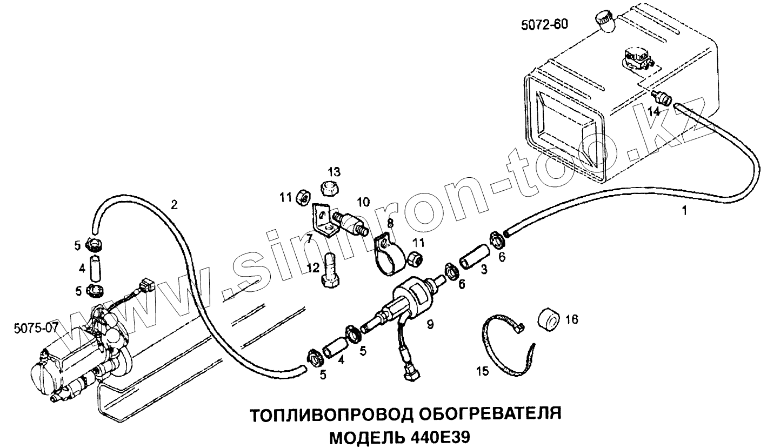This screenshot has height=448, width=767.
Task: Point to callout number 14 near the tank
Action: coord(655,111)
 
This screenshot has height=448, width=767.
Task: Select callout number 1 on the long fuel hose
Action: coord(684,211)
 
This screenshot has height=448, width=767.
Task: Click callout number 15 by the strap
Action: coord(482,371)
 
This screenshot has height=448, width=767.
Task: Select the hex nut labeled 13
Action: coord(328,188)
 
